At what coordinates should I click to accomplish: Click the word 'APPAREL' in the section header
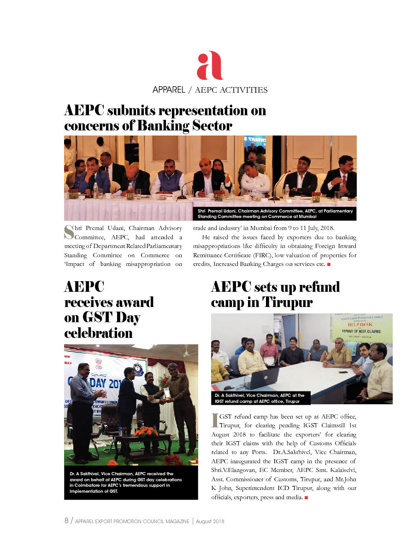[x=168, y=89]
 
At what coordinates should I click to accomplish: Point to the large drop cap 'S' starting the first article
[x=69, y=232]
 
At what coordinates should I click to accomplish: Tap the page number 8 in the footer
[x=66, y=521]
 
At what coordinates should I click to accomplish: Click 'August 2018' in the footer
[x=210, y=521]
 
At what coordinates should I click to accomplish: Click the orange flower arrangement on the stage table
[x=145, y=432]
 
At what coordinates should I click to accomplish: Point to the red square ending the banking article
[x=329, y=264]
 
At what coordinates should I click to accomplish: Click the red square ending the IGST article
[x=306, y=498]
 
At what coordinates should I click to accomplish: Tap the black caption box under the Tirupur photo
[x=261, y=398]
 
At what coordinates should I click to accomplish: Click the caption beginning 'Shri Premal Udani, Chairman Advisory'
[x=275, y=213]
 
